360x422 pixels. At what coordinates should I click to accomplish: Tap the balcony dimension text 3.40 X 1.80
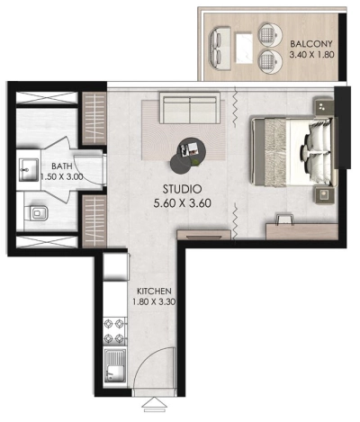pyautogui.click(x=311, y=55)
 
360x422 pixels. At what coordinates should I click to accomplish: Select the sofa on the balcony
pyautogui.click(x=220, y=46)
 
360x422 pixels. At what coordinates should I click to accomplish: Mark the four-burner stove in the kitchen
pyautogui.click(x=114, y=330)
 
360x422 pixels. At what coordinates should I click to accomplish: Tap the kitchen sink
pyautogui.click(x=114, y=366)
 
